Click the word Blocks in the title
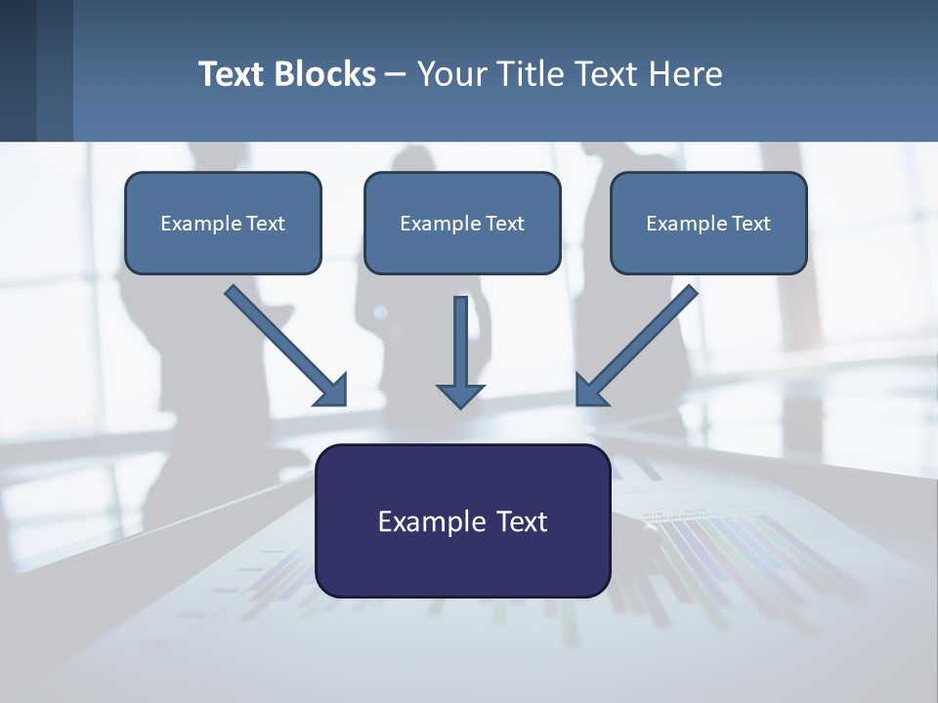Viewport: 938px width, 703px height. pyautogui.click(x=326, y=74)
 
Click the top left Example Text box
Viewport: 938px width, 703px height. pyautogui.click(x=223, y=223)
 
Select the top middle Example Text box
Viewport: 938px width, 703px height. pyautogui.click(x=462, y=223)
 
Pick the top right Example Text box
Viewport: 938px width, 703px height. pyautogui.click(x=708, y=223)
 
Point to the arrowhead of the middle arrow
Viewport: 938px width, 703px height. pyautogui.click(x=460, y=394)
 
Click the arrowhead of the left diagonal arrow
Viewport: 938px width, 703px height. pyautogui.click(x=333, y=391)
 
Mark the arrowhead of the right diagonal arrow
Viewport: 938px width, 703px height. pyautogui.click(x=590, y=391)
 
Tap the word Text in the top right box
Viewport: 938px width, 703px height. pyautogui.click(x=751, y=224)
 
